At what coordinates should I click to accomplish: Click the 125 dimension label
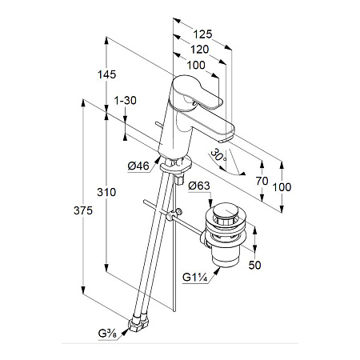click(202, 34)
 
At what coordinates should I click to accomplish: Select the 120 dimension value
click(200, 50)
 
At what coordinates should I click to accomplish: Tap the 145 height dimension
click(106, 74)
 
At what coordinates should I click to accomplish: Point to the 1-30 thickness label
click(125, 101)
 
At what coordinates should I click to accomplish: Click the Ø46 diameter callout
click(138, 166)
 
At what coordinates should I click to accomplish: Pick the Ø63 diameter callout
click(199, 186)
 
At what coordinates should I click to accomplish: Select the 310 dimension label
click(106, 192)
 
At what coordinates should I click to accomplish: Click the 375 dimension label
click(83, 210)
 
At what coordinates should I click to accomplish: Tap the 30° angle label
click(218, 156)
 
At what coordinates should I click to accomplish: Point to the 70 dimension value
click(262, 181)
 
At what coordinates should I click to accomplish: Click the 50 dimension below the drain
click(254, 265)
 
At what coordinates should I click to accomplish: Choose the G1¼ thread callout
click(195, 278)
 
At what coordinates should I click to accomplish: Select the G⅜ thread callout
click(107, 334)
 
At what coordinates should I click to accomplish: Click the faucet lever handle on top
click(198, 92)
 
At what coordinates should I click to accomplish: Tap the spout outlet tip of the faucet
click(226, 138)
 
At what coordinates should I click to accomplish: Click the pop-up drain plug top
click(226, 211)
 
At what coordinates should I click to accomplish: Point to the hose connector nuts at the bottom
click(138, 322)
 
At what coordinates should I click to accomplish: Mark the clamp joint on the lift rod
click(174, 214)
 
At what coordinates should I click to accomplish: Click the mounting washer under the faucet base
click(175, 165)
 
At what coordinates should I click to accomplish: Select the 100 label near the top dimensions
click(196, 65)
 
